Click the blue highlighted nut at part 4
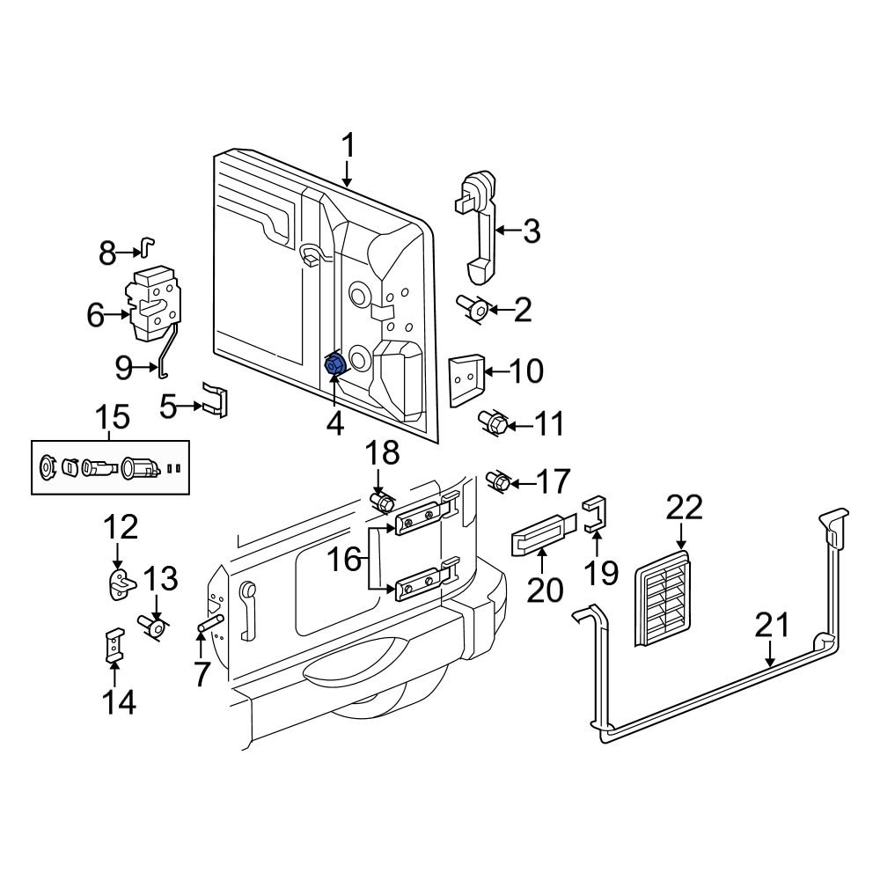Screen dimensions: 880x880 pos(335,365)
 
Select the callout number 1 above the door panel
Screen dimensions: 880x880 pos(348,145)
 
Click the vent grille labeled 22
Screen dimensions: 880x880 pos(663,598)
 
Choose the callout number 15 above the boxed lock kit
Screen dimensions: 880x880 pos(113,417)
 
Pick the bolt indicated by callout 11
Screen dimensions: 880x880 pos(493,423)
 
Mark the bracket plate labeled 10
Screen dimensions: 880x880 pos(466,380)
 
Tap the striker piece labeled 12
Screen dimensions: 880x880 pos(121,584)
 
